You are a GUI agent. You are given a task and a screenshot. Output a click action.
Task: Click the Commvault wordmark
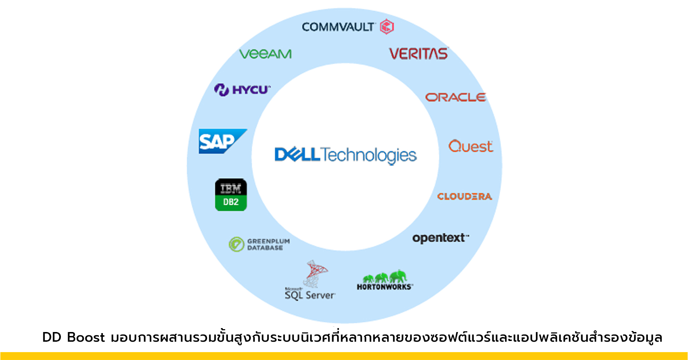tap(338, 27)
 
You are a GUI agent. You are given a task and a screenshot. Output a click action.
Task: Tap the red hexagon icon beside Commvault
tap(387, 27)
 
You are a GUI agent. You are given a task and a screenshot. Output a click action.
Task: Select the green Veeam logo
tap(265, 54)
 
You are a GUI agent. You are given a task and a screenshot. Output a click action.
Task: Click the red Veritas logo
tap(419, 54)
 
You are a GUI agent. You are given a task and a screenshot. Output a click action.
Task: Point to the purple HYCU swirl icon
tap(221, 90)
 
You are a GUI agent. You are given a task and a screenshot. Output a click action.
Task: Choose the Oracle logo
tap(455, 97)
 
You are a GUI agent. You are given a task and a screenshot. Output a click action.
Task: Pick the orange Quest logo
tap(470, 146)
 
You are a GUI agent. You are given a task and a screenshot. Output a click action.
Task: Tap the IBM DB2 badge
tap(231, 195)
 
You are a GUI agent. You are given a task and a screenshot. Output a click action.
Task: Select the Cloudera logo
tap(464, 196)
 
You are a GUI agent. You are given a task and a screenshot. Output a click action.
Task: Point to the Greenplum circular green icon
tap(236, 244)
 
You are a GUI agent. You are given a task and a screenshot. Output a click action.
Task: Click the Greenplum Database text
tap(268, 244)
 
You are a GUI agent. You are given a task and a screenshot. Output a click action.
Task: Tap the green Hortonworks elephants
tap(385, 277)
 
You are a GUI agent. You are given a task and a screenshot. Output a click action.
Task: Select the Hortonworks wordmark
tap(384, 287)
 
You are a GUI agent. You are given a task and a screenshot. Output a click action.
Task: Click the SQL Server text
tap(310, 295)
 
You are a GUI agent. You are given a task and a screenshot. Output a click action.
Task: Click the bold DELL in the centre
tap(297, 155)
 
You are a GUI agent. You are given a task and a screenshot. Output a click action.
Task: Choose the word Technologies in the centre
tap(369, 156)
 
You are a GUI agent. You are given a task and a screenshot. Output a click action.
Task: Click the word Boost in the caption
tap(86, 337)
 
